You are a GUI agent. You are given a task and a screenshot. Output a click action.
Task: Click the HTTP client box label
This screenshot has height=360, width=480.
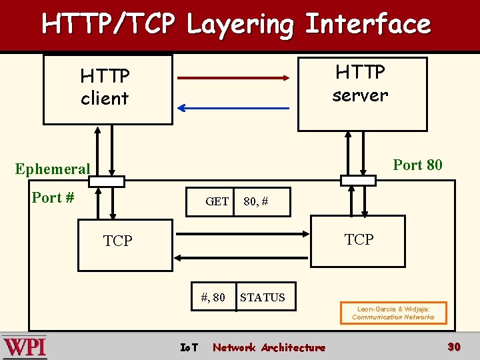click(x=105, y=87)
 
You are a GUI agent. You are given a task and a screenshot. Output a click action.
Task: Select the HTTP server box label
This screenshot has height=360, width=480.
click(x=360, y=83)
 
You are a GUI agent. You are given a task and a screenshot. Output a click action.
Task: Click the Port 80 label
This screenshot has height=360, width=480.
click(x=417, y=165)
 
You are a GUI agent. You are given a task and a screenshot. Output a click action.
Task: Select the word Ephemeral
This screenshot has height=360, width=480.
click(x=53, y=169)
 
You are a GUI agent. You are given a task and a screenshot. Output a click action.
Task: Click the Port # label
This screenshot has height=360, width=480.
click(x=53, y=197)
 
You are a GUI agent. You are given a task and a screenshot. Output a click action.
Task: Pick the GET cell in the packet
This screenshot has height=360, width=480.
click(x=217, y=201)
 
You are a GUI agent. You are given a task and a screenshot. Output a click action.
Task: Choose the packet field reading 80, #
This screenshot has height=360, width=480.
click(x=256, y=201)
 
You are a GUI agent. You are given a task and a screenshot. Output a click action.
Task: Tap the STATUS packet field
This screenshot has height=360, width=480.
click(x=263, y=297)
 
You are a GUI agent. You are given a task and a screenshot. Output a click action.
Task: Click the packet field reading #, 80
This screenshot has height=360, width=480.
click(x=213, y=297)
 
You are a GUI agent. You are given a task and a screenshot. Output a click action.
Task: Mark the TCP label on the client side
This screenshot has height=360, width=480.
click(x=118, y=241)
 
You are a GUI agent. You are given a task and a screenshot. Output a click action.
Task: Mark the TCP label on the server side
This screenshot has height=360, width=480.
click(x=359, y=239)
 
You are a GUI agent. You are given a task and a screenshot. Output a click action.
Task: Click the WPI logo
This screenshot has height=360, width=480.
click(x=25, y=347)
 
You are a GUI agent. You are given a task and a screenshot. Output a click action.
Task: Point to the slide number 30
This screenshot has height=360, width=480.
click(x=454, y=347)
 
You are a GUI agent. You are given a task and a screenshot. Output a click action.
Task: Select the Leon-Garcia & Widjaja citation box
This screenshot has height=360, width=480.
click(x=393, y=313)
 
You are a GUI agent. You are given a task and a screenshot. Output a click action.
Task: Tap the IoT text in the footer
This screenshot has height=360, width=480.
click(x=189, y=347)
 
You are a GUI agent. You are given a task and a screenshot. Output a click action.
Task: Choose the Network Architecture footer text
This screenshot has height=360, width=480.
click(x=269, y=347)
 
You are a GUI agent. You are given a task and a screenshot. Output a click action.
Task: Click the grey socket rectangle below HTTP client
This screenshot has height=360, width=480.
click(x=107, y=181)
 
